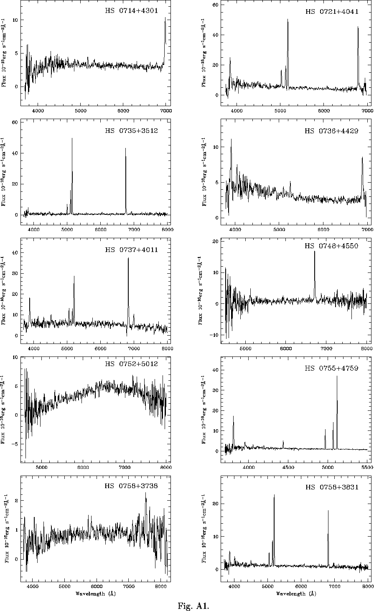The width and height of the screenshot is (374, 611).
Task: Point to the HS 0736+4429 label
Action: pyautogui.click(x=331, y=131)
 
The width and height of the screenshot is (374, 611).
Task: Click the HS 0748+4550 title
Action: pyautogui.click(x=331, y=246)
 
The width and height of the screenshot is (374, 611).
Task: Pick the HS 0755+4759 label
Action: pyautogui.click(x=331, y=368)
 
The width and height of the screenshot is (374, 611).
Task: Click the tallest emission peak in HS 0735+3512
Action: pyautogui.click(x=72, y=139)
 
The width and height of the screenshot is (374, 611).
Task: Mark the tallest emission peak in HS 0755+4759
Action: pyautogui.click(x=337, y=377)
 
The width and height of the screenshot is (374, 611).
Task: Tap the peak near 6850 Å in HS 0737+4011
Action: pyautogui.click(x=128, y=259)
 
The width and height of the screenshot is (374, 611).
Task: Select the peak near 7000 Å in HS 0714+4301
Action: pyautogui.click(x=165, y=18)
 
